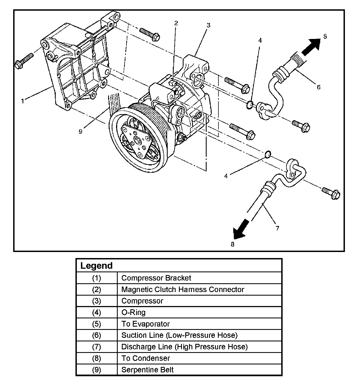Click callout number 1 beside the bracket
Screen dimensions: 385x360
tap(23, 101)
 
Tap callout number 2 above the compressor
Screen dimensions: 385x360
tap(176, 23)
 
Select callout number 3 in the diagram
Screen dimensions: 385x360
tap(209, 25)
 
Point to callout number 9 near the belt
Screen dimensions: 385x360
tap(80, 132)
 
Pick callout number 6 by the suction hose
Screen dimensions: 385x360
tap(318, 87)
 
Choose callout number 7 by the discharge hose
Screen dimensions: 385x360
tap(277, 228)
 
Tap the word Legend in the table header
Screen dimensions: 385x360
tap(96, 266)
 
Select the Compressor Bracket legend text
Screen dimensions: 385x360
tap(156, 278)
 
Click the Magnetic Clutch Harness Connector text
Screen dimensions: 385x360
tap(182, 290)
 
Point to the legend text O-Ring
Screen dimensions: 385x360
tap(133, 312)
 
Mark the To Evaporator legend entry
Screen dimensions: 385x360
tap(145, 324)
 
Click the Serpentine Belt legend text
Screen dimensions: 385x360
tap(147, 370)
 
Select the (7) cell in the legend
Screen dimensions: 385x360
tap(97, 347)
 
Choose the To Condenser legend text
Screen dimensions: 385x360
tap(145, 358)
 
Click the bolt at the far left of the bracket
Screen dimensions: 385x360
tap(24, 61)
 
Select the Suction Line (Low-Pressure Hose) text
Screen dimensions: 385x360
tap(179, 335)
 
